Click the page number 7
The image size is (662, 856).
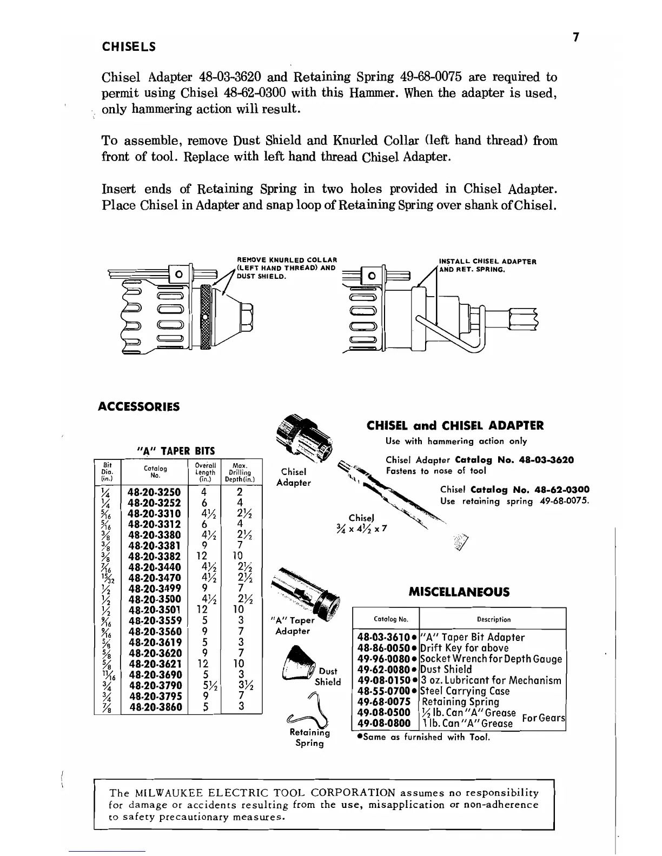[576, 37]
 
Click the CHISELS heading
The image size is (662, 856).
[129, 47]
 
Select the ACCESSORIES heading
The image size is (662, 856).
[138, 406]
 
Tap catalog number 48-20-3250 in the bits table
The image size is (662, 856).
[154, 492]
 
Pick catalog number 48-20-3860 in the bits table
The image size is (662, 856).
[154, 706]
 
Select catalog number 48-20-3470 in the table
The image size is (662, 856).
[154, 578]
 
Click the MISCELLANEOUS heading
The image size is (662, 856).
[459, 592]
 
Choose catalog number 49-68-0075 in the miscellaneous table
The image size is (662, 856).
[384, 701]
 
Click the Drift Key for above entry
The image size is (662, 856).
[464, 648]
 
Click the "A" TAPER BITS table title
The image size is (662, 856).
[174, 451]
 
